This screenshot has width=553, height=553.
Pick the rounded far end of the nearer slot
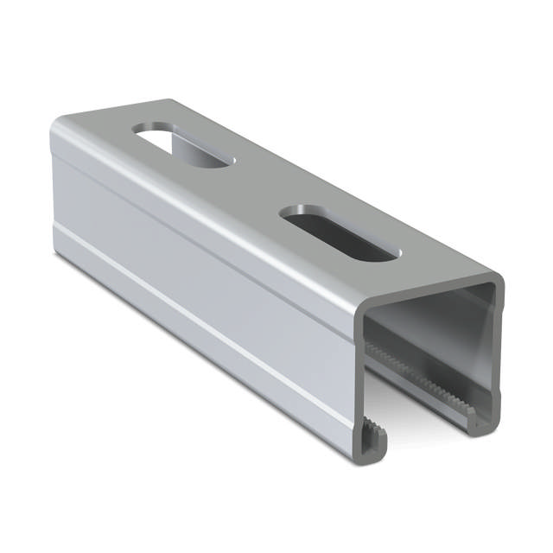[x=294, y=214]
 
